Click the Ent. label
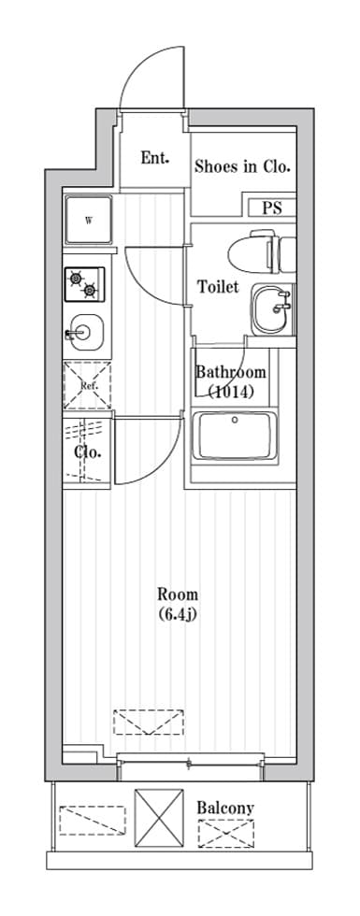(x=155, y=158)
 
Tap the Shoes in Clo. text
(x=242, y=167)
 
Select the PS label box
(x=272, y=208)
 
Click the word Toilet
(x=218, y=287)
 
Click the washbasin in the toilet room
(x=272, y=309)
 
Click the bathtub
(x=235, y=436)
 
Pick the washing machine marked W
(x=88, y=221)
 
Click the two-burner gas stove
(x=85, y=284)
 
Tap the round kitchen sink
(x=86, y=333)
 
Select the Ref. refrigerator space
(x=87, y=385)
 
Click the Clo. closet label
(x=88, y=451)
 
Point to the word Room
(x=178, y=595)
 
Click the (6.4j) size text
(x=178, y=615)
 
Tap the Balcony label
(x=225, y=808)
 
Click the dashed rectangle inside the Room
(x=149, y=722)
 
